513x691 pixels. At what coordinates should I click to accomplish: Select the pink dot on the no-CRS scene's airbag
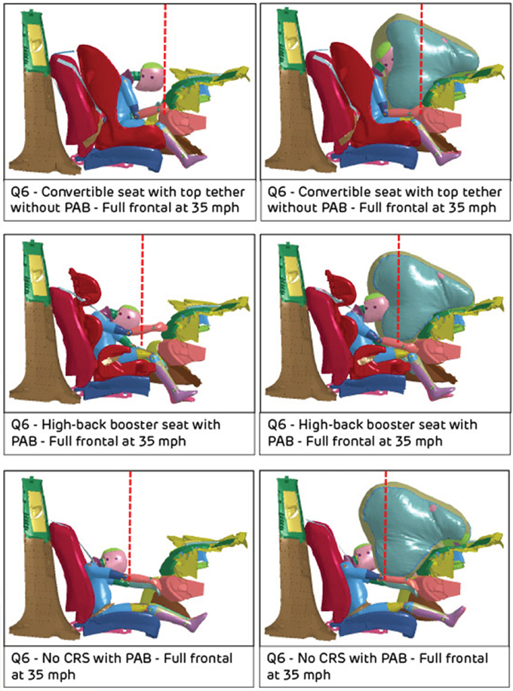pos(434,508)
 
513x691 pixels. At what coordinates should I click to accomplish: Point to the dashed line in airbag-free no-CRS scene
pos(130,524)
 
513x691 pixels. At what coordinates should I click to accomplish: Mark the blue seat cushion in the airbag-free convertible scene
pos(124,158)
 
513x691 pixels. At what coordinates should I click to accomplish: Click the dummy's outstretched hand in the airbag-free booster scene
pos(159,327)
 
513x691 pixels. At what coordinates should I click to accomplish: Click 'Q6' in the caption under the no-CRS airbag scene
pos(278,659)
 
